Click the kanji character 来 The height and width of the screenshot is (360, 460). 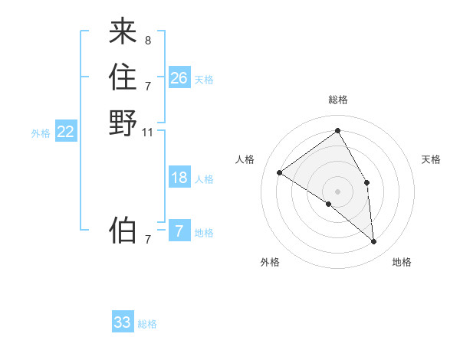point(123,32)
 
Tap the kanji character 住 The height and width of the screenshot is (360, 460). point(123,77)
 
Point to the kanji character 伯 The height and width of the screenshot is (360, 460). point(123,229)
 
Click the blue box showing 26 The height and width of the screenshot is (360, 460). point(179,77)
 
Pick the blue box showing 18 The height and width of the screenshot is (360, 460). point(179,178)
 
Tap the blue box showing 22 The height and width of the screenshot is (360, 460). point(66,132)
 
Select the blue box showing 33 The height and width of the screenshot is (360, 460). point(123,322)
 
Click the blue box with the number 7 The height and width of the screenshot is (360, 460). point(179,231)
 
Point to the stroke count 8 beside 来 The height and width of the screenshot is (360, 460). point(147,40)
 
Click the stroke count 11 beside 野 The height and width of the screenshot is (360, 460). point(148,132)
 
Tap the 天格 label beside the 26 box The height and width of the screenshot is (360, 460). point(204,80)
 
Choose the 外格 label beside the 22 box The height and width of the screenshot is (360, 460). point(41,133)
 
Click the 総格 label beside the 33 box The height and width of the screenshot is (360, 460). point(147,324)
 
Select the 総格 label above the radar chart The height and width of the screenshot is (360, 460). point(338,100)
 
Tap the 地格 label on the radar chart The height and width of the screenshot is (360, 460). point(402,262)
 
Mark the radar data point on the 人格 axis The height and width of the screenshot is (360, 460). point(280,172)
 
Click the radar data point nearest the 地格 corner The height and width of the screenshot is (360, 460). point(373,242)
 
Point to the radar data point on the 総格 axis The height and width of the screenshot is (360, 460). point(338,131)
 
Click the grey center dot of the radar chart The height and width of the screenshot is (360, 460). point(338,191)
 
